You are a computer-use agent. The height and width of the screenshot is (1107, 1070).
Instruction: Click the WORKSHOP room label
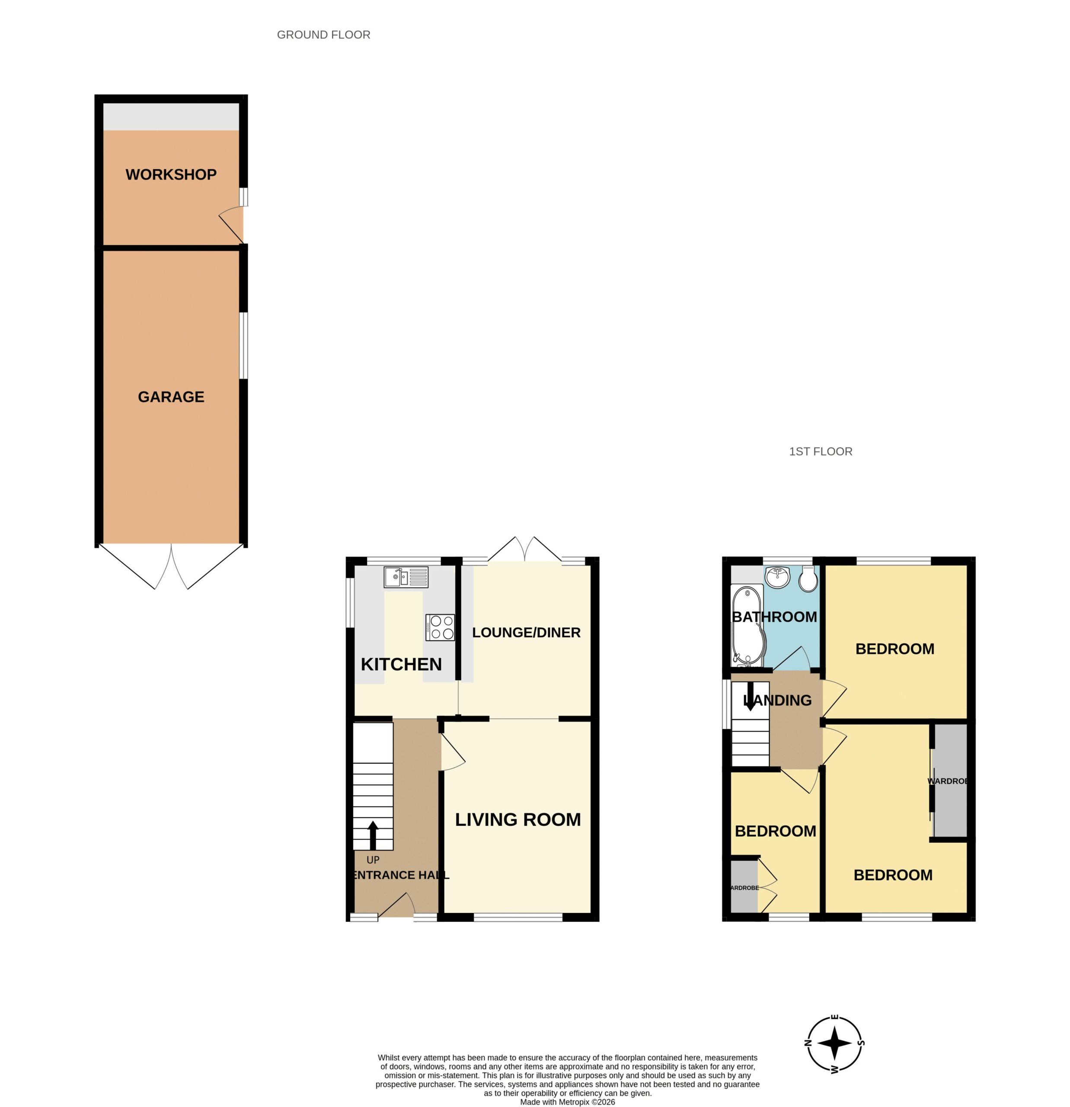171,175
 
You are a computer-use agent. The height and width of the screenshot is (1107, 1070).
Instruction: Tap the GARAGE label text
171,397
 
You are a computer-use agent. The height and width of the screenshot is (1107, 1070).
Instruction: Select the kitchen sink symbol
406,577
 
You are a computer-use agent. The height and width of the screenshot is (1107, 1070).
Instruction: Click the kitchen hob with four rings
440,627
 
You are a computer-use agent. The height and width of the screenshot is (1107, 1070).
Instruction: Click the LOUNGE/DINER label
526,633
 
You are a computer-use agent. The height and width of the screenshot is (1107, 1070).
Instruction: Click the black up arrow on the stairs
373,835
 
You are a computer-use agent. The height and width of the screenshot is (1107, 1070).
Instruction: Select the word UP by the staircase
373,860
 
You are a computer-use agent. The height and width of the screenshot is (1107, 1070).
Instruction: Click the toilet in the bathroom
808,579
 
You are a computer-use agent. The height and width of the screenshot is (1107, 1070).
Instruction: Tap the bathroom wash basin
777,577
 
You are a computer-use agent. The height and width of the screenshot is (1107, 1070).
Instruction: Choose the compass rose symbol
834,1043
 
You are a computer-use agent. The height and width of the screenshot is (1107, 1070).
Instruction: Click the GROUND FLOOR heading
323,35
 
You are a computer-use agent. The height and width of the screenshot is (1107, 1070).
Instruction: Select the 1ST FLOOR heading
821,451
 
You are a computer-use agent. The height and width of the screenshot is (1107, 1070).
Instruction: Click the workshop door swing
231,225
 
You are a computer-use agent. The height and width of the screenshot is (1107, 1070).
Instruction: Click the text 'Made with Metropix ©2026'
568,1102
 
